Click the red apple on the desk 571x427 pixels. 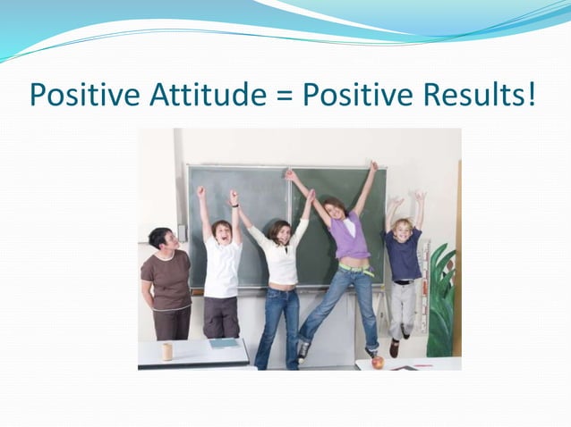tap(378, 362)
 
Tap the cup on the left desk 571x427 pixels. tap(166, 351)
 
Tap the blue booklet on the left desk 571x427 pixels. tap(223, 343)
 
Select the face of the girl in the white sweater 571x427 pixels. tap(280, 234)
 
